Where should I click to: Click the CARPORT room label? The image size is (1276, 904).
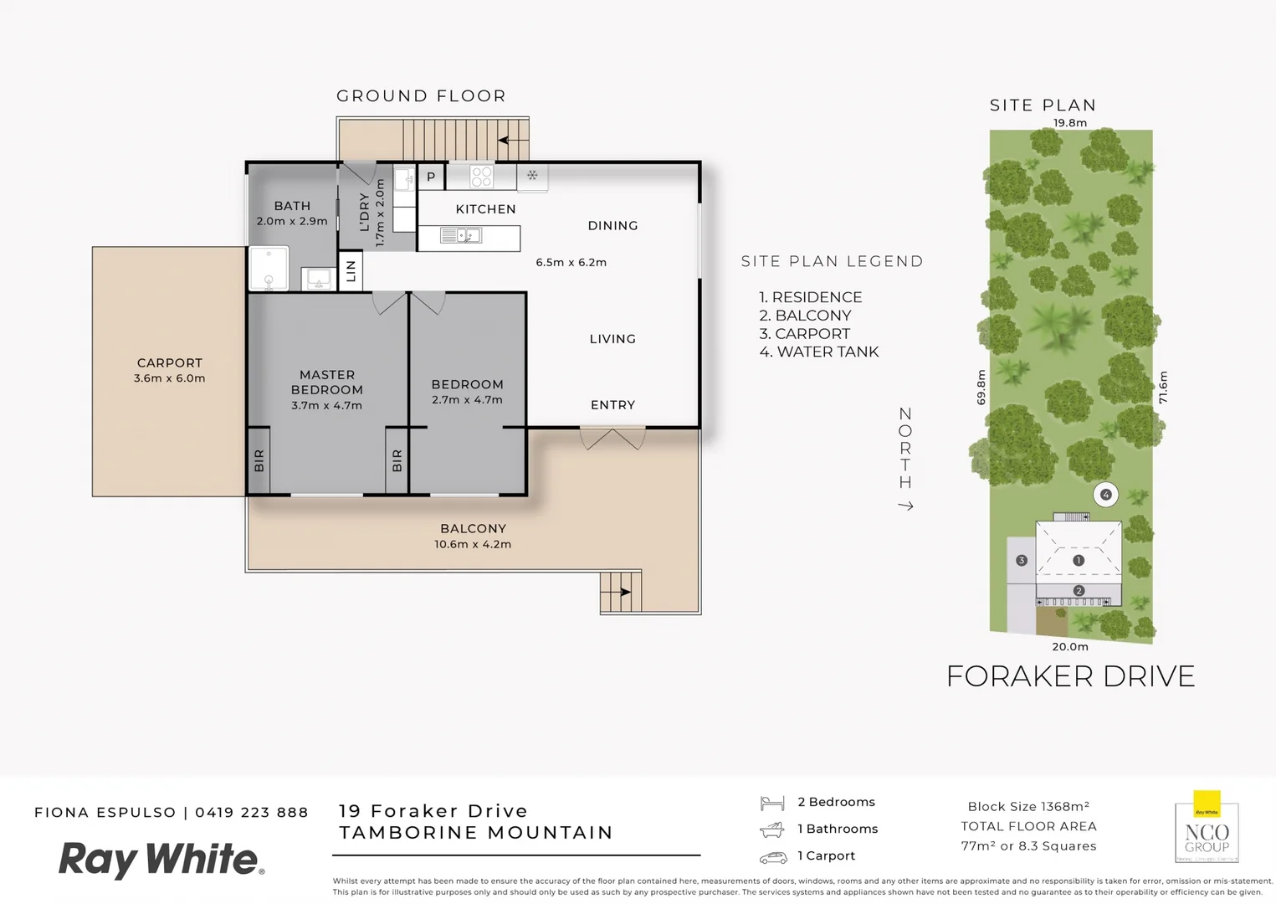coord(170,362)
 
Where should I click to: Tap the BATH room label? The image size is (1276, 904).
coord(292,206)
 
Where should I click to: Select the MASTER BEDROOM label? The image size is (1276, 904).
coord(327,383)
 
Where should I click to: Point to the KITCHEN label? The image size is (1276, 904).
coord(485,209)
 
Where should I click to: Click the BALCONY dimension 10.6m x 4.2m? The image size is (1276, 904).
coord(473,544)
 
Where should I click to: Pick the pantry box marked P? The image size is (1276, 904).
coord(431,177)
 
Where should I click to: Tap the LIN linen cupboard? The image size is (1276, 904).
coord(351,270)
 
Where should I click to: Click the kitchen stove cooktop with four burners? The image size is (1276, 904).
coord(481,176)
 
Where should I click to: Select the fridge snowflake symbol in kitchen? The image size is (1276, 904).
coord(532,176)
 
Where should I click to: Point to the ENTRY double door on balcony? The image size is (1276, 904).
coord(612,437)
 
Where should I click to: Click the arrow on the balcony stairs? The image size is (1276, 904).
coord(623,592)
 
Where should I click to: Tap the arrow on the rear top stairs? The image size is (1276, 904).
coord(507,140)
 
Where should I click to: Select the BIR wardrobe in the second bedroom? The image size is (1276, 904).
coord(397,460)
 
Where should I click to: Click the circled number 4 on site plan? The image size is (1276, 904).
coord(1105,495)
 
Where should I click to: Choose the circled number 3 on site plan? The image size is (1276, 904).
coord(1021,560)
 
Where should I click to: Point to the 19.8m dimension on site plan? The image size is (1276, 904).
coord(1069,123)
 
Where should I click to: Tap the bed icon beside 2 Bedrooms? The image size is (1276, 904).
coord(771,803)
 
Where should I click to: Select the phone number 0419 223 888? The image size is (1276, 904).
coord(252,812)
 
